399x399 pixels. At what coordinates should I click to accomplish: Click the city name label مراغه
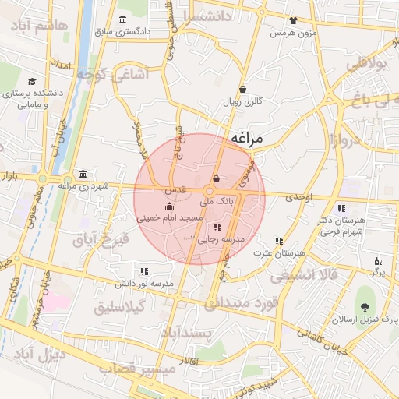259,138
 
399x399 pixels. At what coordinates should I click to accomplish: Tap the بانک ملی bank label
217,200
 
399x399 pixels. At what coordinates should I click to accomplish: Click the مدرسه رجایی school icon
217,226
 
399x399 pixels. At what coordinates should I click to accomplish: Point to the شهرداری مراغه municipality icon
83,174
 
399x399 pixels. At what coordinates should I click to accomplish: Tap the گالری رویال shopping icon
243,89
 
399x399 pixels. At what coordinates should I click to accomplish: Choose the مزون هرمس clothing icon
292,21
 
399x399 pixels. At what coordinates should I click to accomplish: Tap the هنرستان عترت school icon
279,241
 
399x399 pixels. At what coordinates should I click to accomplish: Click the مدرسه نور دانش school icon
144,271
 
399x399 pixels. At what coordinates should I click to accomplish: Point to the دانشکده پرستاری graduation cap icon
32,81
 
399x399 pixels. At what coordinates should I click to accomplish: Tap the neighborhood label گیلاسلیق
118,308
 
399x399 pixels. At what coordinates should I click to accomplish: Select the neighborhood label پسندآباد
187,334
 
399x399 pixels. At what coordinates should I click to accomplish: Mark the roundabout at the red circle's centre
210,192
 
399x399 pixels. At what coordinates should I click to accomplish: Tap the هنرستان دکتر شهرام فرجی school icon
341,208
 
